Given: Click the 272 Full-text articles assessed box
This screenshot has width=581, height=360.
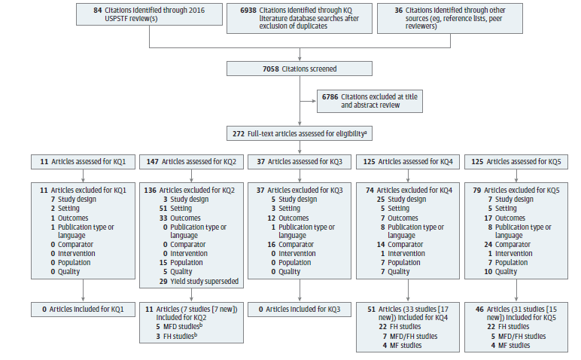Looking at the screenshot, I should tap(300, 133).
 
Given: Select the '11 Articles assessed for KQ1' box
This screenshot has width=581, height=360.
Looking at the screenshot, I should tap(82, 161).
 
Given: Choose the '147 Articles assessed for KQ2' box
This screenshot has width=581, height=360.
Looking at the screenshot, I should tap(191, 161).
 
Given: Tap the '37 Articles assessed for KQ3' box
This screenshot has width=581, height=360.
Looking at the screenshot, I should tap(300, 161).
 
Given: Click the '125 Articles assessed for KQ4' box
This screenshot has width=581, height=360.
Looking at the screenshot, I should tap(408, 161).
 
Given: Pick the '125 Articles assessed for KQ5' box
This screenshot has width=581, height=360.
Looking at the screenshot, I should tap(516, 161).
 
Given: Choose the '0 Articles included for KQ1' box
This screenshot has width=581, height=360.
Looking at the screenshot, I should tap(82, 309).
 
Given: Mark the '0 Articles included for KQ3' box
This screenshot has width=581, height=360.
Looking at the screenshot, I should tap(300, 309).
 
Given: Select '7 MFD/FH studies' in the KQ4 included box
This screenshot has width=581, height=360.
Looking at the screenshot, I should tap(410, 336).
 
